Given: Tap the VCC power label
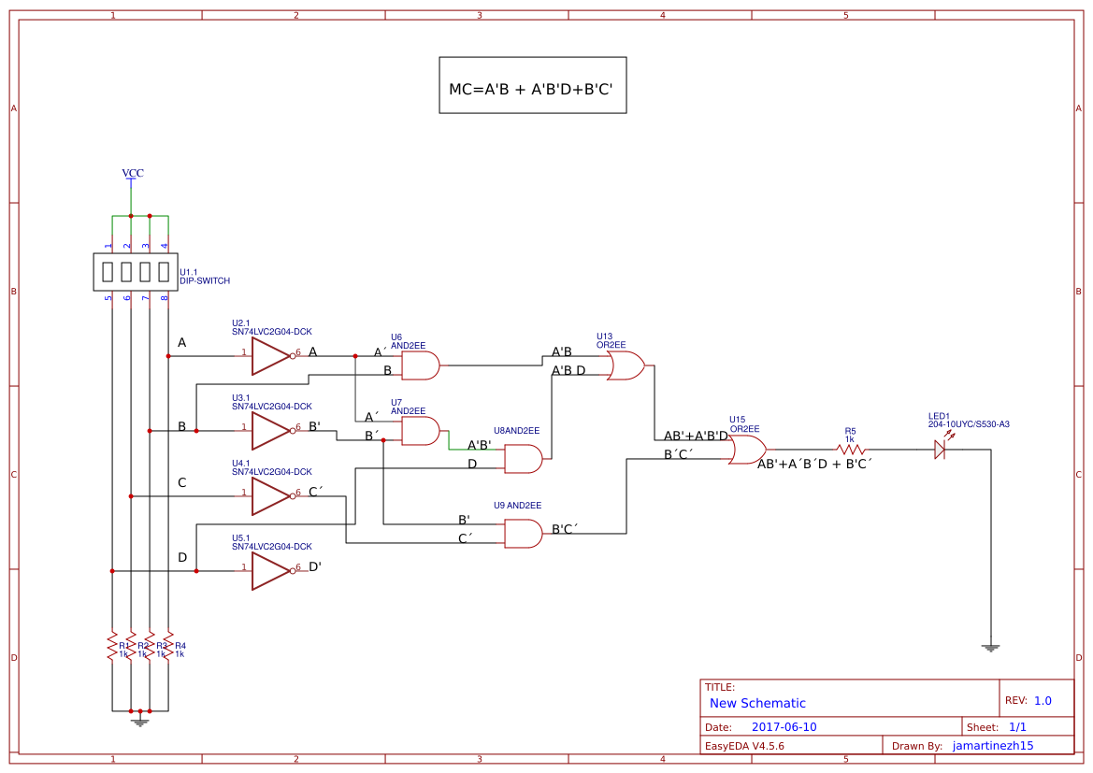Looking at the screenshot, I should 133,174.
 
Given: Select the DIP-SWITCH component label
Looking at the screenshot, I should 205,280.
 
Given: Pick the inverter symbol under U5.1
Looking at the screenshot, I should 271,571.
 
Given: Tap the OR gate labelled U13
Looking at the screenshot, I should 625,365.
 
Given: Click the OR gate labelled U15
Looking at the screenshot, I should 747,450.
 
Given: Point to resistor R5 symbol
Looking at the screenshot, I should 850,450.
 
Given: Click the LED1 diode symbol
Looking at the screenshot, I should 940,450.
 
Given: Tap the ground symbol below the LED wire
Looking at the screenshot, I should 990,647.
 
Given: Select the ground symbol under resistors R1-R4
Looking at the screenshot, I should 140,720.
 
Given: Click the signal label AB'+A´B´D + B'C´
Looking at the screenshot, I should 814,464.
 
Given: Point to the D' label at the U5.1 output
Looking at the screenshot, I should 315,566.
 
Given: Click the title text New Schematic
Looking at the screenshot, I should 757,703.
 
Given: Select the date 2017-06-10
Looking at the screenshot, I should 784,727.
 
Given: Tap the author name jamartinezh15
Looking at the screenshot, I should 992,746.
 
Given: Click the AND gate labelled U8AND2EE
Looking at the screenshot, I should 523,459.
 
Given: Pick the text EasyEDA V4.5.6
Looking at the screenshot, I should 744,746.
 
